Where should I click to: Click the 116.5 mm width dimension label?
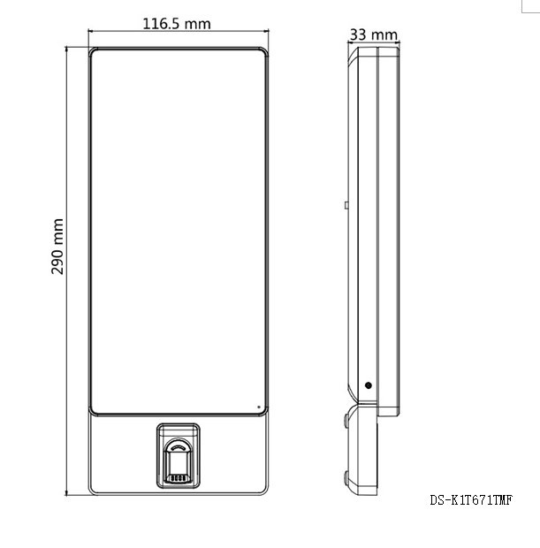177,24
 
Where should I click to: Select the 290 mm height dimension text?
57,247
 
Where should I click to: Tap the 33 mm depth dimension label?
374,34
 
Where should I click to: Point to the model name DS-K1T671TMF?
471,500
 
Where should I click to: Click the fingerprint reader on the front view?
179,456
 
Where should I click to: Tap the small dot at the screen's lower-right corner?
259,407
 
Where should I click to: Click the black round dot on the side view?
368,385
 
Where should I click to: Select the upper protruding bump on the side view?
346,421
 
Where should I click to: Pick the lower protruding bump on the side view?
346,478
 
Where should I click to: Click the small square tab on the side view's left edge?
346,205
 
